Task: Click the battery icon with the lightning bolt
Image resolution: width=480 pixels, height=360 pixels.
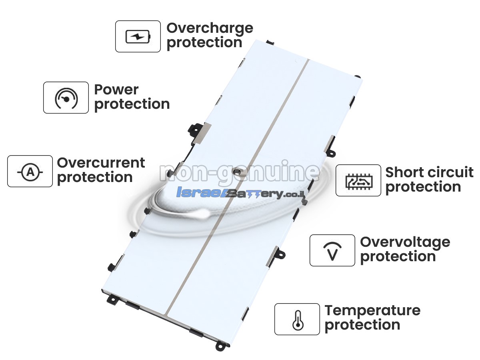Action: coord(138,36)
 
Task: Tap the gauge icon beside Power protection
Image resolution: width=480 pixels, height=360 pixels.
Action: coord(66,98)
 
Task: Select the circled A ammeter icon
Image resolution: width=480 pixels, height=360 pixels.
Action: coord(30,172)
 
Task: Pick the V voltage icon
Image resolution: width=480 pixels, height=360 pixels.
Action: coord(332,251)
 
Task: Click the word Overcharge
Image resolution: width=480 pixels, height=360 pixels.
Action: coord(210,29)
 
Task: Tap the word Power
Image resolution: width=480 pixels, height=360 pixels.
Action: coord(116,90)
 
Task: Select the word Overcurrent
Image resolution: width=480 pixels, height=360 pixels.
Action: coord(101,163)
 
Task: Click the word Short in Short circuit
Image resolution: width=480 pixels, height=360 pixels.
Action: coord(402,172)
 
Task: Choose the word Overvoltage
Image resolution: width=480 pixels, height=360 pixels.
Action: coord(405,243)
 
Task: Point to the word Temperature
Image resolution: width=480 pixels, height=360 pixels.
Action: coord(372,311)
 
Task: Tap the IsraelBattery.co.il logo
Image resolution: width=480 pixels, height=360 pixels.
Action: coord(240,193)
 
